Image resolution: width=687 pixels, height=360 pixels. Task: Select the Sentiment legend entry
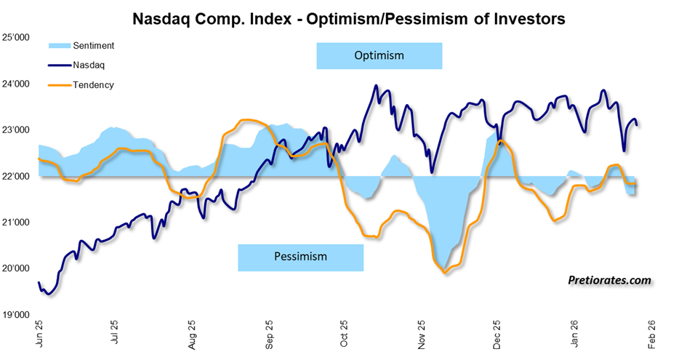(x=92, y=46)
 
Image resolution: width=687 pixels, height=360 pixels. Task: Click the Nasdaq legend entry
(x=88, y=65)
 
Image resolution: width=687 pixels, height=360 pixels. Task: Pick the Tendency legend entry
(x=92, y=84)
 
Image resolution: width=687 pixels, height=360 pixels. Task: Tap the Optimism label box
(x=379, y=56)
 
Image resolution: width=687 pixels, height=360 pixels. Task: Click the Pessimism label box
(x=300, y=257)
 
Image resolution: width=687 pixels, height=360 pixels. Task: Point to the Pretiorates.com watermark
(x=610, y=279)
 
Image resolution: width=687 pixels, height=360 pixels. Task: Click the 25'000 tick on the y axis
(x=17, y=38)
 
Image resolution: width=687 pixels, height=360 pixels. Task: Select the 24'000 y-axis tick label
(x=17, y=84)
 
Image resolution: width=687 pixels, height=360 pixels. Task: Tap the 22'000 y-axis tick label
(x=17, y=177)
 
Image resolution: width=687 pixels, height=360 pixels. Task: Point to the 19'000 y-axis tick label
(x=17, y=315)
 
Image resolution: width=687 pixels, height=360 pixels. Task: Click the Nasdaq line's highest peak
(x=376, y=86)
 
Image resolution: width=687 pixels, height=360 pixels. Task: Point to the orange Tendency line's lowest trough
(x=444, y=272)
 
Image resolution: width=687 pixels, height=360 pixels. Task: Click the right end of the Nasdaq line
(x=638, y=125)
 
